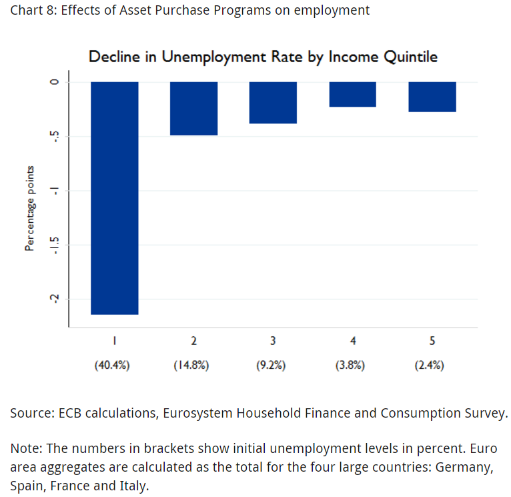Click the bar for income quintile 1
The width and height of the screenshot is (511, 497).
114,197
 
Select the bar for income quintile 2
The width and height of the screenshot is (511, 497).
193,108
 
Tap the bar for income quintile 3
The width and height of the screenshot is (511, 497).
273,103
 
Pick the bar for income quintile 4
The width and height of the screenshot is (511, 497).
352,94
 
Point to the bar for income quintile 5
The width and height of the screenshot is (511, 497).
432,97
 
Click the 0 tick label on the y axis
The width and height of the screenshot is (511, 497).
56,82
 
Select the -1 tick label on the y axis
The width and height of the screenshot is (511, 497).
56,191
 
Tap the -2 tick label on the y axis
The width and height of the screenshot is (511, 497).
56,299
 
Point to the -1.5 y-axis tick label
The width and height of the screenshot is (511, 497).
56,245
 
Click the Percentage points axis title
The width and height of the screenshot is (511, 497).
29,207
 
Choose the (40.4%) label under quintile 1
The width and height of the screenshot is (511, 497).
114,365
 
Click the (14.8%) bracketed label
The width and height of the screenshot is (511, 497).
193,365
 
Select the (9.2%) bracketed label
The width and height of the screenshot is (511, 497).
273,365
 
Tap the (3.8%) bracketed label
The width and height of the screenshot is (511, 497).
352,365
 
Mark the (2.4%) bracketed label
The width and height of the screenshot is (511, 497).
432,365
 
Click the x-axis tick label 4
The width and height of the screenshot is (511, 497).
352,341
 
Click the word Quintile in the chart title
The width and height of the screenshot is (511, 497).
410,57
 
